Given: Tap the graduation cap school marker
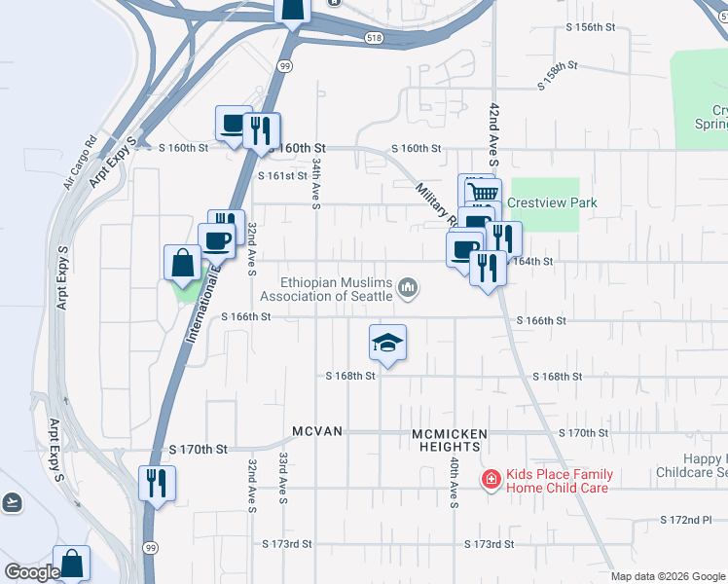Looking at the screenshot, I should (x=387, y=343).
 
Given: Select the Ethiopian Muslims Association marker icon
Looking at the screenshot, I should (x=409, y=288).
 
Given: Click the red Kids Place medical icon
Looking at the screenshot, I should (x=492, y=479).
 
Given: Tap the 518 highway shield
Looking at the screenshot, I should (x=376, y=38).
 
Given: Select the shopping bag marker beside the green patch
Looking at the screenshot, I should (x=183, y=263).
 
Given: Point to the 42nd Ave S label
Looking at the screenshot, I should (x=494, y=127).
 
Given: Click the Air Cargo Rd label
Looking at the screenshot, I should (x=81, y=161).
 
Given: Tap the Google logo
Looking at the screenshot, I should (x=32, y=573).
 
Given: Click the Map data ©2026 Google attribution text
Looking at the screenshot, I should (x=667, y=576).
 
